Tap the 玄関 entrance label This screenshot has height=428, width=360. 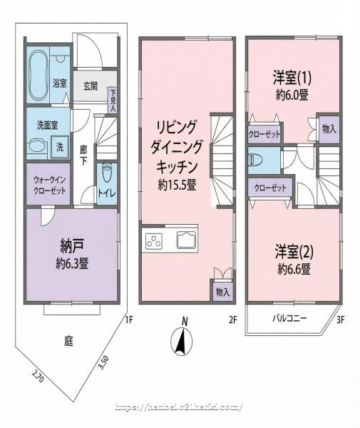coord(90,86)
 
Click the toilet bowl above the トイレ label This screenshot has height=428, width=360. coord(106,172)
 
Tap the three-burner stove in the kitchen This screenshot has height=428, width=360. coord(154,241)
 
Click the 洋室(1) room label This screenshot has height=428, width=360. coord(292,76)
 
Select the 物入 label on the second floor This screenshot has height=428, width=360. coord(222,291)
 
